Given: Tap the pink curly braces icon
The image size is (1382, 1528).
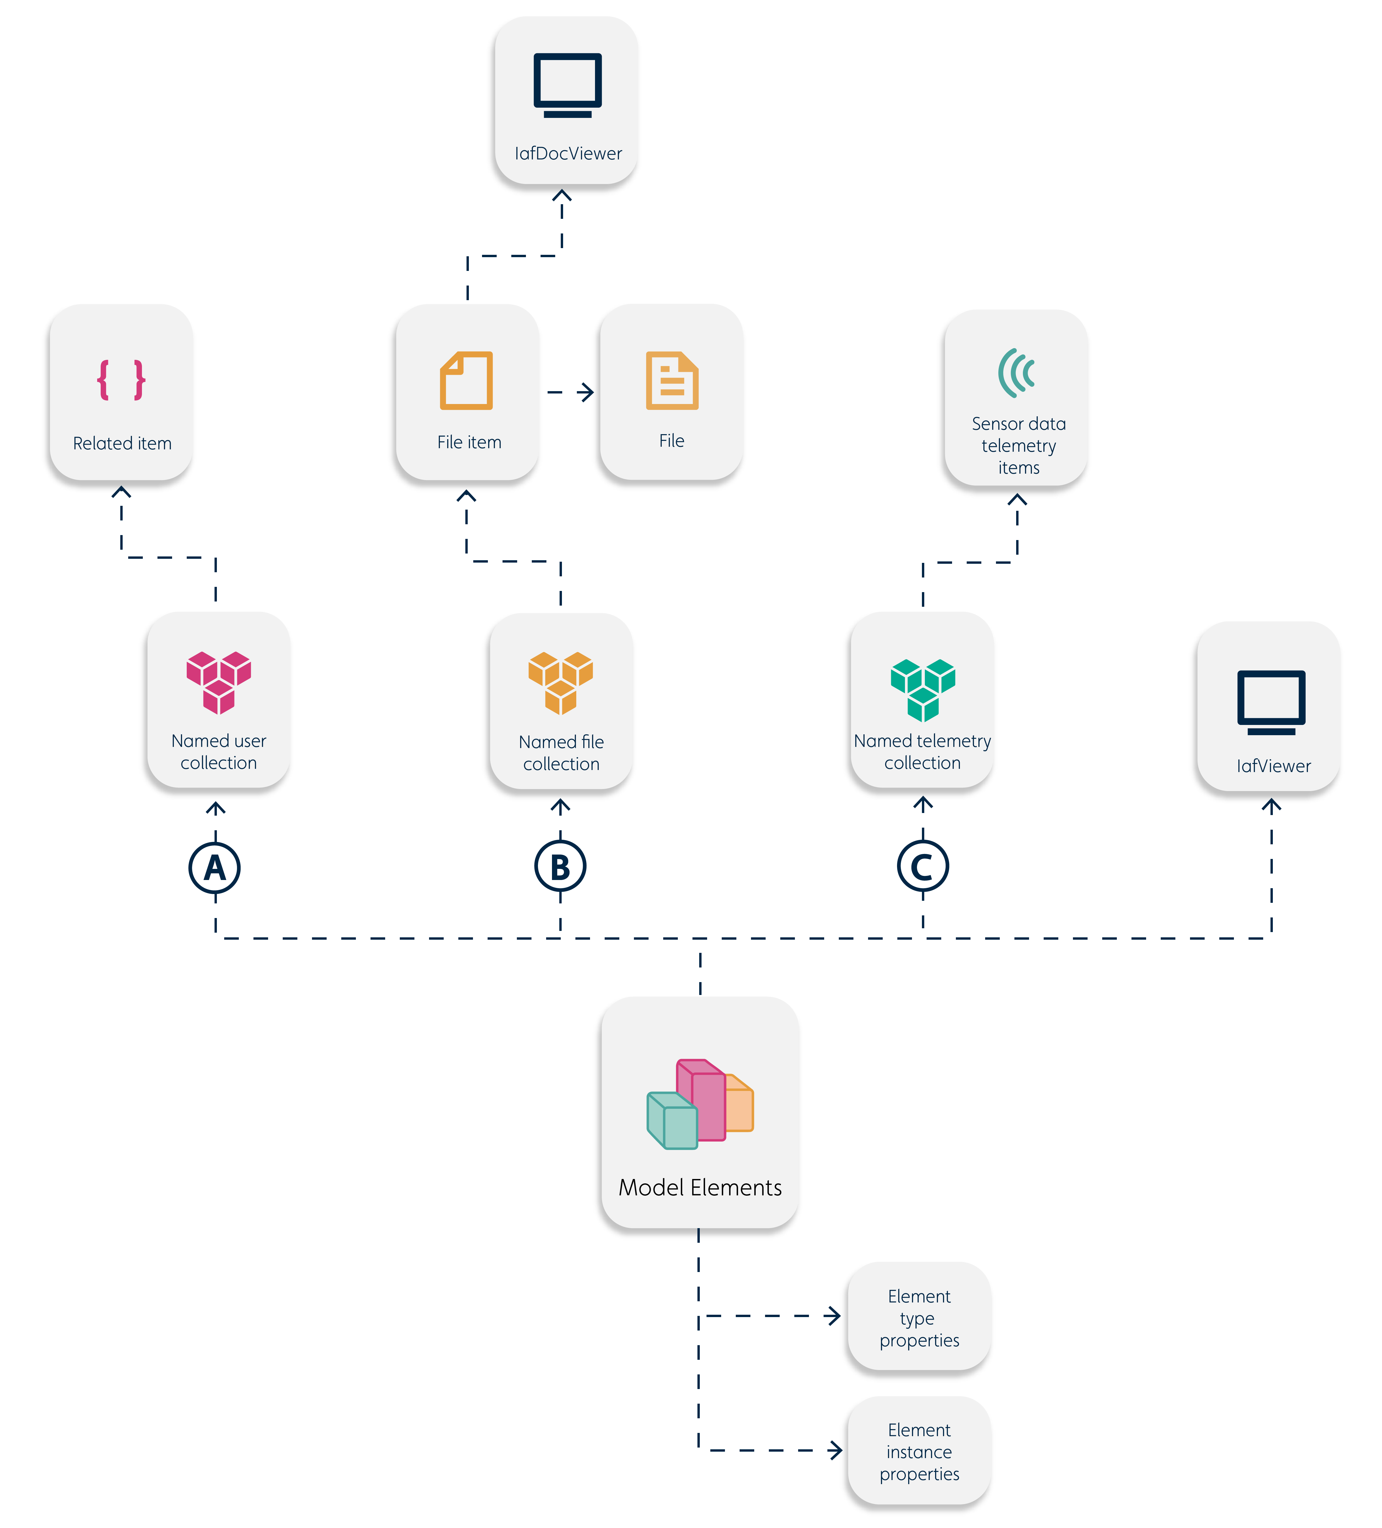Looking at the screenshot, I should tap(121, 380).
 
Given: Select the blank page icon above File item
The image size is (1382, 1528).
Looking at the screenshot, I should tap(466, 381).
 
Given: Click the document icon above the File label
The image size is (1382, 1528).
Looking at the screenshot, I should tap(672, 381).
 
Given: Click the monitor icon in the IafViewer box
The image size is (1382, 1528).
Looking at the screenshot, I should tap(1271, 701).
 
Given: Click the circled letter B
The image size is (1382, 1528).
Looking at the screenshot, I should tap(560, 867).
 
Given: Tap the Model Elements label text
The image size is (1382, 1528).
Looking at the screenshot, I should tap(700, 1188).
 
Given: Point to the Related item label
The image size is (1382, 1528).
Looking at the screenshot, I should tap(122, 444).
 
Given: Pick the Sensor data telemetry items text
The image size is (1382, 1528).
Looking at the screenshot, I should tap(1018, 446).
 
